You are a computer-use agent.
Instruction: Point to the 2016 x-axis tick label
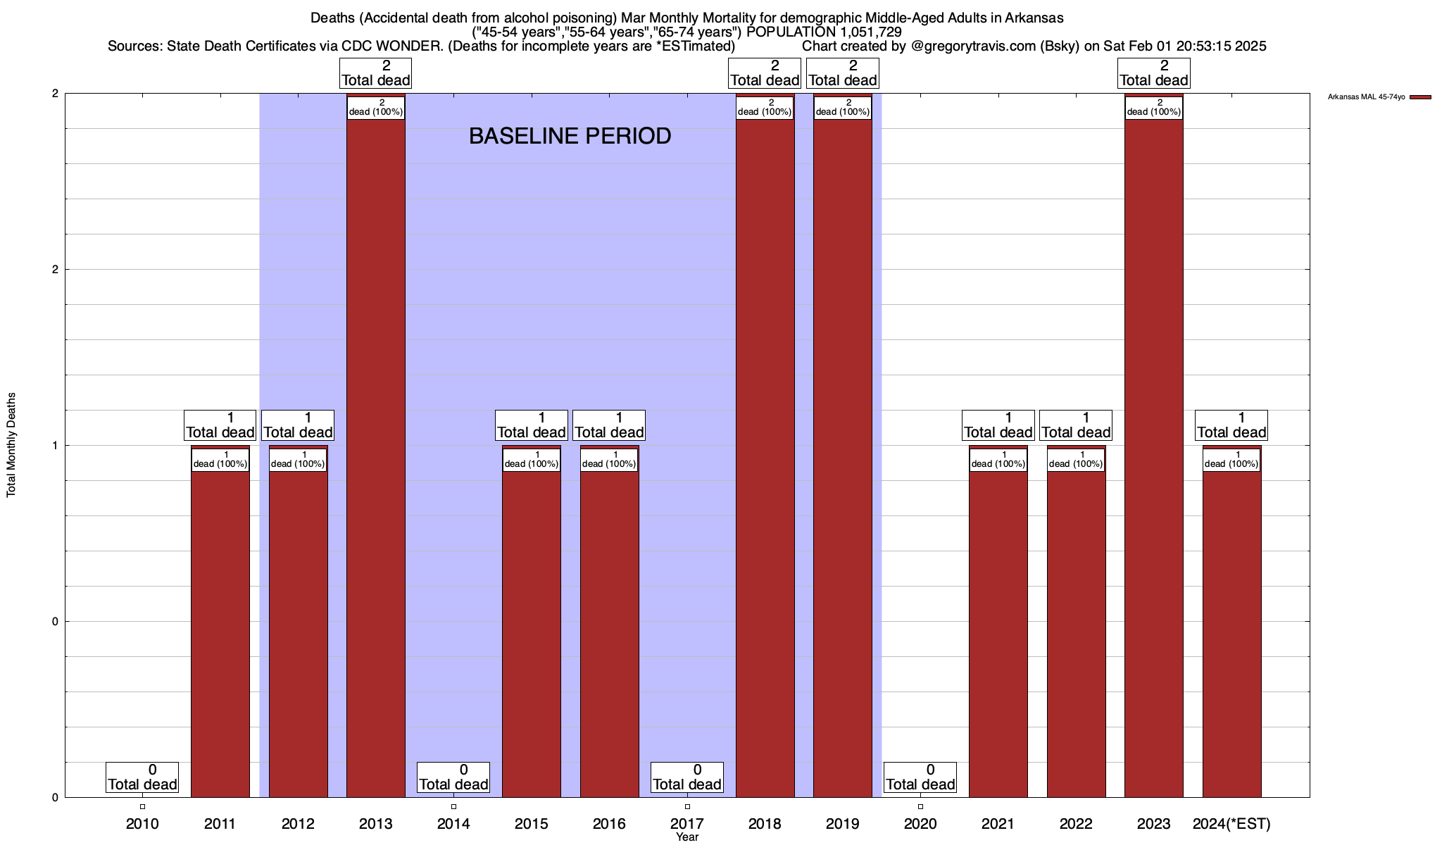[609, 823]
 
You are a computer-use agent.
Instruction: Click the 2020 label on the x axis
[920, 823]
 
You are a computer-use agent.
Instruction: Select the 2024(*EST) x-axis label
[1231, 823]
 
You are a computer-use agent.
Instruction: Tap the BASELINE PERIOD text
[570, 136]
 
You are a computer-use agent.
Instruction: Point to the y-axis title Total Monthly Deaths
[11, 445]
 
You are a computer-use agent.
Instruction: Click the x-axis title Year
[687, 837]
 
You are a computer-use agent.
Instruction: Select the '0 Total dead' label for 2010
[142, 777]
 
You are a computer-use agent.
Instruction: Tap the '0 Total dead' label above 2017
[687, 777]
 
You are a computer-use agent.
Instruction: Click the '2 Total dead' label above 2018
[765, 73]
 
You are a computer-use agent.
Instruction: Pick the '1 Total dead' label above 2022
[1076, 425]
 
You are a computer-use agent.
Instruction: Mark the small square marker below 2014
[453, 806]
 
